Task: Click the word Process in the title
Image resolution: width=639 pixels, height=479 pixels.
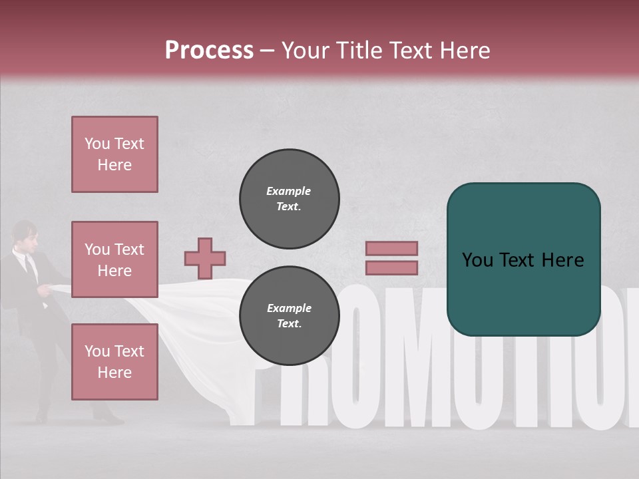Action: coord(209,51)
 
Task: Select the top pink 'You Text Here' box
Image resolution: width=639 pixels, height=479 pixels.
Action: coord(114,154)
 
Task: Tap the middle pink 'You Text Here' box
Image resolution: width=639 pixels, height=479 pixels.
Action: coord(114,259)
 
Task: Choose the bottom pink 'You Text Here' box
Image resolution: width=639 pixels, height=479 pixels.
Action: coord(114,361)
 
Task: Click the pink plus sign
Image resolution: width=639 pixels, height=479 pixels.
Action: coord(205,258)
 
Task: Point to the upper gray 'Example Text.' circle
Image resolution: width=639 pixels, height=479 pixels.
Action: coord(290,199)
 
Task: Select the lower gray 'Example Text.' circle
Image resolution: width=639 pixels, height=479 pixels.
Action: coord(290,316)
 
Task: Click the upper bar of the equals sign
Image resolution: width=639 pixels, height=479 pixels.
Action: coord(391,248)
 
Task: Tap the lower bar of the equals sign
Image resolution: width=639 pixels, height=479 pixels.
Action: coord(391,267)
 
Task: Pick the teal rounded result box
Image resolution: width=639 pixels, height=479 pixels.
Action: coord(523,259)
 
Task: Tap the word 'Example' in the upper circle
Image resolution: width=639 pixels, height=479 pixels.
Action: coord(288,191)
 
